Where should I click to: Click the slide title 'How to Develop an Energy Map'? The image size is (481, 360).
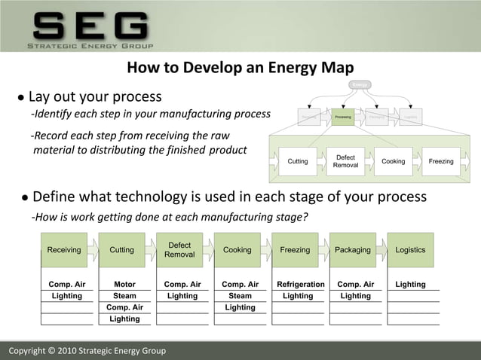click(240, 69)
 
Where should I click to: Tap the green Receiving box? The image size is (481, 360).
click(64, 250)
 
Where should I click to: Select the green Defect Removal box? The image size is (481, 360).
click(179, 250)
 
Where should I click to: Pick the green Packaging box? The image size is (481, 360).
click(353, 250)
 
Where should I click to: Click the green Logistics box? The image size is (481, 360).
click(411, 250)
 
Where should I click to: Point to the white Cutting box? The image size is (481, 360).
click(298, 161)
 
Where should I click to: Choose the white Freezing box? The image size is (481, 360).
click(441, 161)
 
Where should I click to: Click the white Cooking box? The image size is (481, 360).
click(393, 161)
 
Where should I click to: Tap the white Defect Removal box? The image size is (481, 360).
click(345, 161)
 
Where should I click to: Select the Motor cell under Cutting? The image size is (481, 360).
click(124, 285)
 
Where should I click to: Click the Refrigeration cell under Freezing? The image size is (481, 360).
click(301, 285)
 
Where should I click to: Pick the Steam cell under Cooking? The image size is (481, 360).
click(240, 296)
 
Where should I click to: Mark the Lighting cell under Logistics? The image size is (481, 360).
click(411, 285)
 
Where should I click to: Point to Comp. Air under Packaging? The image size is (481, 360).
click(356, 285)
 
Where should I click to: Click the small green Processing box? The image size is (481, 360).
click(343, 117)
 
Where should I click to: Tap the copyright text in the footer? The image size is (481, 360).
click(86, 351)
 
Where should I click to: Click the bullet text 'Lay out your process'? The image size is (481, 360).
click(94, 97)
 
